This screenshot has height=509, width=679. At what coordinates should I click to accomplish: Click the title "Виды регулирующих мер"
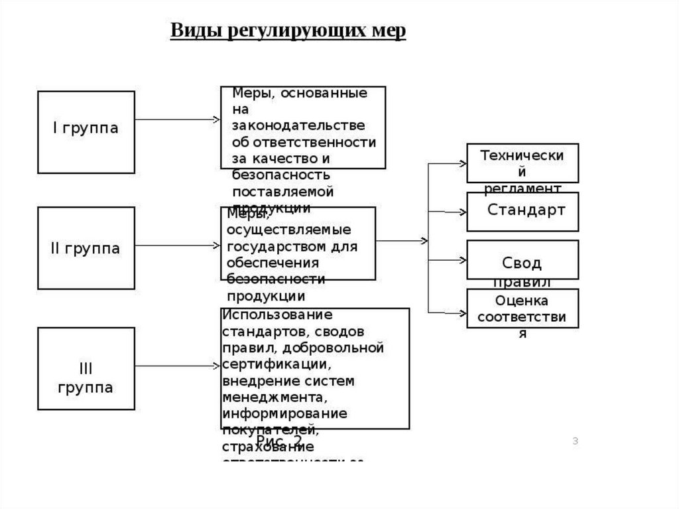coord(288,32)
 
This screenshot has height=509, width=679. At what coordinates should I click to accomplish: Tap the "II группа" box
coord(86,248)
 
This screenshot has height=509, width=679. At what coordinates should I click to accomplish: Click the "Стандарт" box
coord(523,211)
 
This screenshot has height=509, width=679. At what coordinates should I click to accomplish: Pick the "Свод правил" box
coord(523,259)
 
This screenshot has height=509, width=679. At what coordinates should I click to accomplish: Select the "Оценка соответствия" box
coord(523,308)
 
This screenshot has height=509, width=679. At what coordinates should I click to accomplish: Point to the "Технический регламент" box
coord(523,163)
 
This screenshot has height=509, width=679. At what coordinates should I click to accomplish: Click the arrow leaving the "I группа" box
coord(177,119)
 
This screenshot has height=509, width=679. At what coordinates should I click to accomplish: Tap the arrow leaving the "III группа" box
coord(177,364)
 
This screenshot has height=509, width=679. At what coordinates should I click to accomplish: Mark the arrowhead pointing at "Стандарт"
coord(463,212)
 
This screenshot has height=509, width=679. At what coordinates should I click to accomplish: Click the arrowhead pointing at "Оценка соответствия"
coord(463,311)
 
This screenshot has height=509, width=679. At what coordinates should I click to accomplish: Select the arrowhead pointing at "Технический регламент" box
coord(463,162)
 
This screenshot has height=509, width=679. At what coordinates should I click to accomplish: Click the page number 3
coord(576,441)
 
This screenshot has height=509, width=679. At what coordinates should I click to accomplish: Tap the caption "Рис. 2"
coord(279,441)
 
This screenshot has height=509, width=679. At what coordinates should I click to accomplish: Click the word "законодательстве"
coord(298,125)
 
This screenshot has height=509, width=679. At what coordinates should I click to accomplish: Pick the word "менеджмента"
coord(275,398)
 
